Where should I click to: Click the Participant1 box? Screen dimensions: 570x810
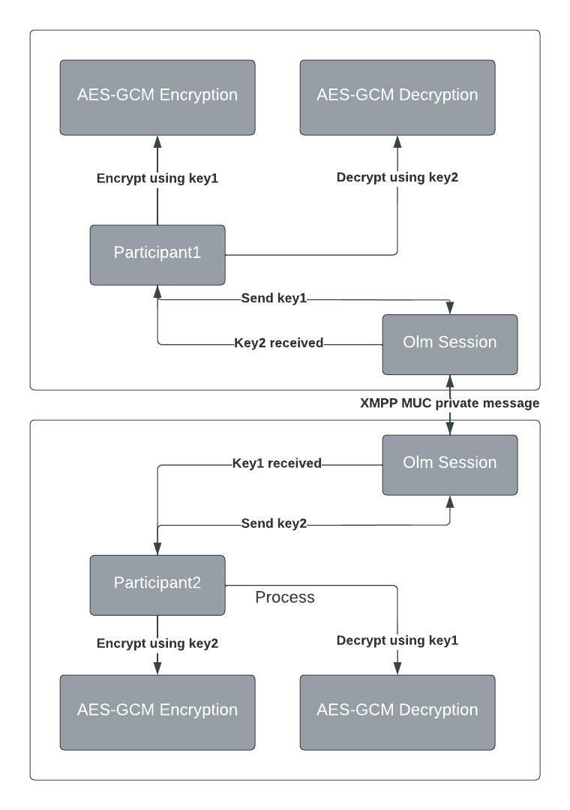tap(157, 255)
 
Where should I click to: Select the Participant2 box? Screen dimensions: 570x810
tap(157, 585)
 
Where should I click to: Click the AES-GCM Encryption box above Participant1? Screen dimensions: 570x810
tap(157, 97)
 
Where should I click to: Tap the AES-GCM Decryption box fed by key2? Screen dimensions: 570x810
tap(397, 97)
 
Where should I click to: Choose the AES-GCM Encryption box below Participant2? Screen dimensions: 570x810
tap(157, 712)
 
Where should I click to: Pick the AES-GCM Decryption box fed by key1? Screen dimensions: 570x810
tap(397, 712)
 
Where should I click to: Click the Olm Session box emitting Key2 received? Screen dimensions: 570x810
tap(449, 344)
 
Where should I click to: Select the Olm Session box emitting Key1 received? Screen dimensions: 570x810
tap(449, 465)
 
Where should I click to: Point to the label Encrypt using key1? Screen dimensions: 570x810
tap(157, 178)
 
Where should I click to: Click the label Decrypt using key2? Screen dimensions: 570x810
tap(397, 177)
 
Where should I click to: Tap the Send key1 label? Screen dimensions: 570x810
tap(274, 298)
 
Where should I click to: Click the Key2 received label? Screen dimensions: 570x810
tap(278, 343)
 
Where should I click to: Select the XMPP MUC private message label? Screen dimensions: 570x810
tap(449, 403)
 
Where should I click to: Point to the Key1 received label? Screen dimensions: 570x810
tap(277, 463)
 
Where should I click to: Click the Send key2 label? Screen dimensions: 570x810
tap(274, 523)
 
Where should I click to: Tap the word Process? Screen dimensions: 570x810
tap(285, 597)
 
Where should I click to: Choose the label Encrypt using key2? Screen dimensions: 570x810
tap(157, 643)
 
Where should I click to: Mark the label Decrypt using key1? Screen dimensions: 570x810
tap(397, 640)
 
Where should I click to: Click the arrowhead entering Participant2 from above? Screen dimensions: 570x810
tap(157, 548)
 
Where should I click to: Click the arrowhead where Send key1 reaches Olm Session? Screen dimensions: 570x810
tap(449, 308)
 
